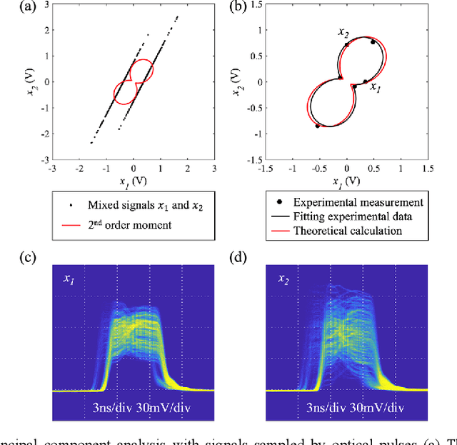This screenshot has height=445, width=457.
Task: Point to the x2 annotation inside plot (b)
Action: point(343,32)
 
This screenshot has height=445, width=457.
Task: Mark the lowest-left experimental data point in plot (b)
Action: point(318,126)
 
